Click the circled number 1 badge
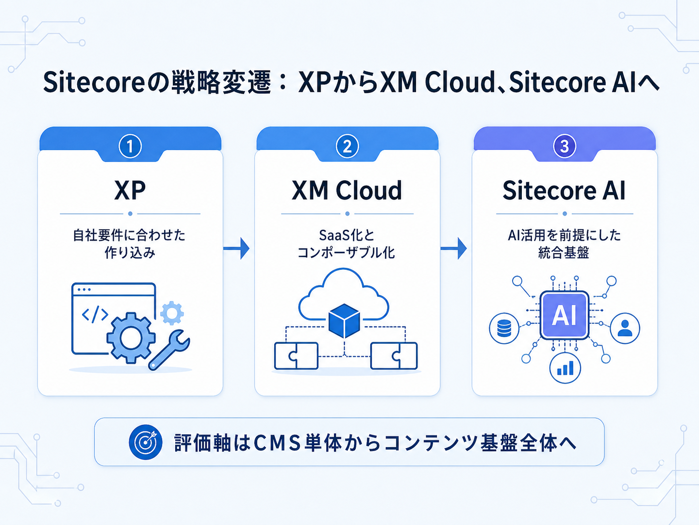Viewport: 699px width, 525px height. tap(130, 146)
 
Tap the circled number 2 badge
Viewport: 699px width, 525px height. tap(347, 146)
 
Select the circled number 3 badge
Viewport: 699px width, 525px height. tap(564, 146)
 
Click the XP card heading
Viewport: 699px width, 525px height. tap(130, 190)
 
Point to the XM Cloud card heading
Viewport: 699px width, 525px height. tap(347, 190)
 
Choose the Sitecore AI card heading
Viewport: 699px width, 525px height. tap(564, 190)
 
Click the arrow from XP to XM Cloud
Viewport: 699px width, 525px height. tap(237, 248)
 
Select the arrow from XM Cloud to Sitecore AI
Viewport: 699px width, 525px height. tap(454, 248)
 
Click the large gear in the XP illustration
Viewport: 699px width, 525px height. tap(130, 337)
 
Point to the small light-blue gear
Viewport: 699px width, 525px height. tap(172, 313)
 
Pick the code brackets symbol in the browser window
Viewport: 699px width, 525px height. tap(95, 314)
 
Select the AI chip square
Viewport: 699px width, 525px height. tap(564, 315)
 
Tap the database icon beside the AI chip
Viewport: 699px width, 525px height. tap(504, 328)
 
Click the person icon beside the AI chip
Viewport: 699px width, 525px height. tap(625, 328)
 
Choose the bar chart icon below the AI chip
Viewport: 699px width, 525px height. tap(565, 368)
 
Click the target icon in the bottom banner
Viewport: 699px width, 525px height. tap(145, 442)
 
